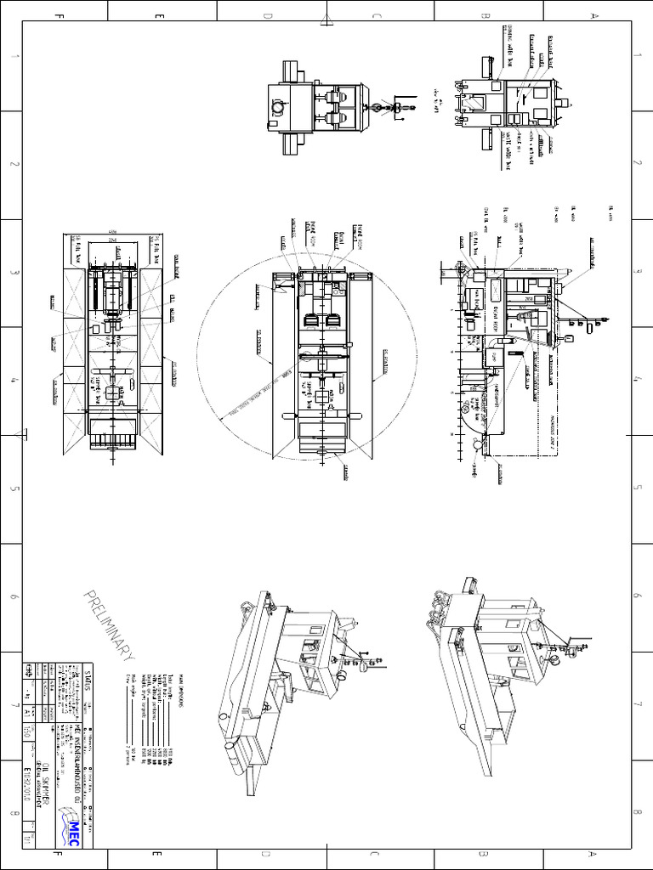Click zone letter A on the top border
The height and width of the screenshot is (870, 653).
point(593,14)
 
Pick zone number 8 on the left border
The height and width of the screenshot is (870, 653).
point(13,814)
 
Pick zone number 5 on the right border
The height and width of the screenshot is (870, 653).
point(638,489)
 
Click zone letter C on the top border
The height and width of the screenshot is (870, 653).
point(375,14)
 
